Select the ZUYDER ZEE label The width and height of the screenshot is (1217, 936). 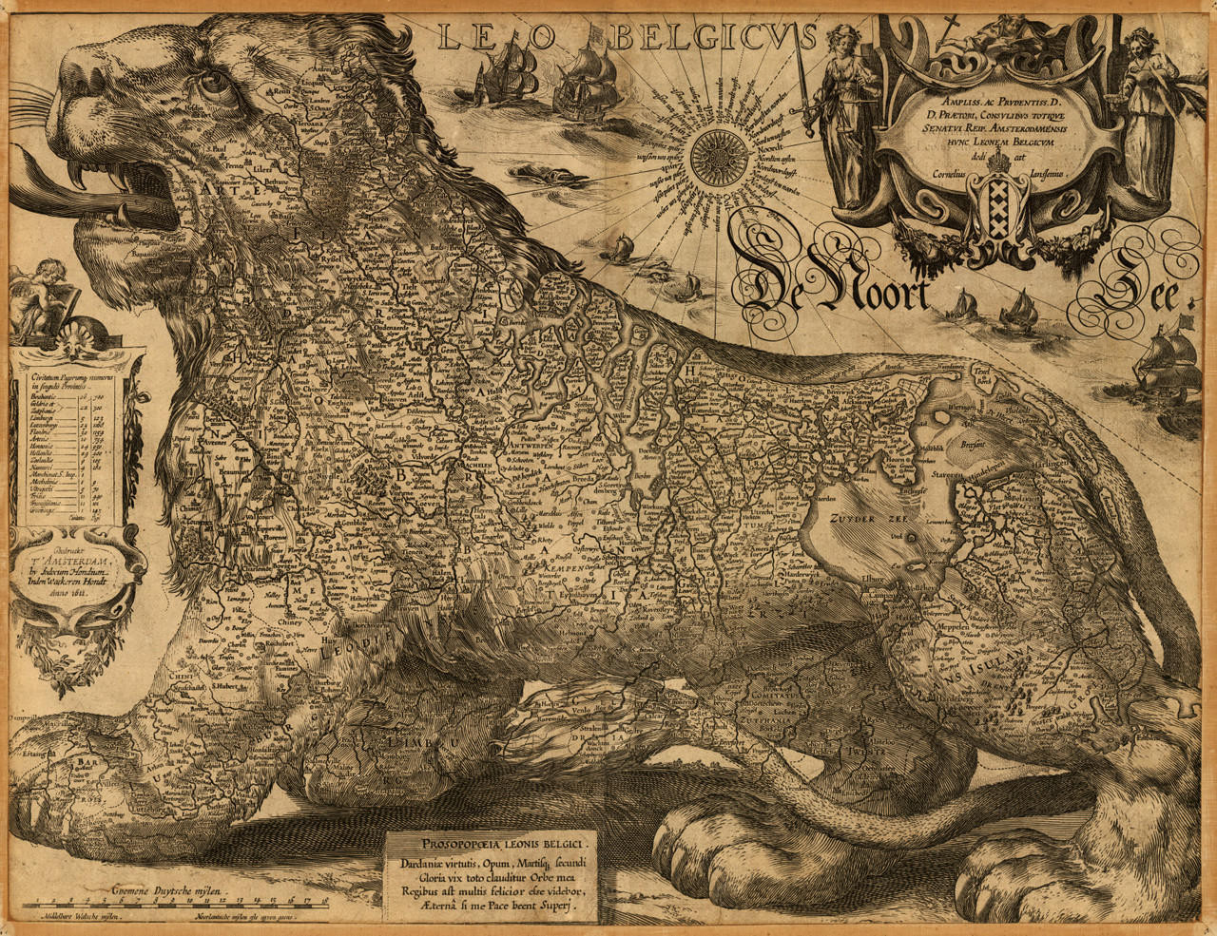click(x=860, y=519)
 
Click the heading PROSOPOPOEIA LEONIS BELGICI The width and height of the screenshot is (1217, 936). click(x=492, y=842)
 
